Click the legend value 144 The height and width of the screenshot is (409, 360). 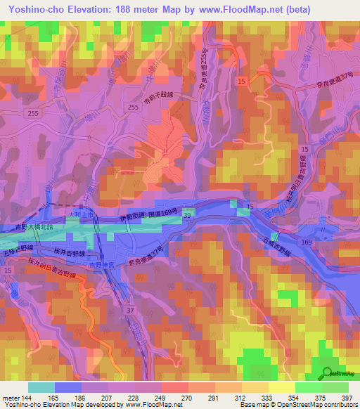(25, 397)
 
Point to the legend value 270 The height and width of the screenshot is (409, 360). (187, 397)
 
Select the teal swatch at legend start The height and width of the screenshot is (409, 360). (41, 387)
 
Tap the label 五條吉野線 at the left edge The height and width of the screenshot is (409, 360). (18, 249)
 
